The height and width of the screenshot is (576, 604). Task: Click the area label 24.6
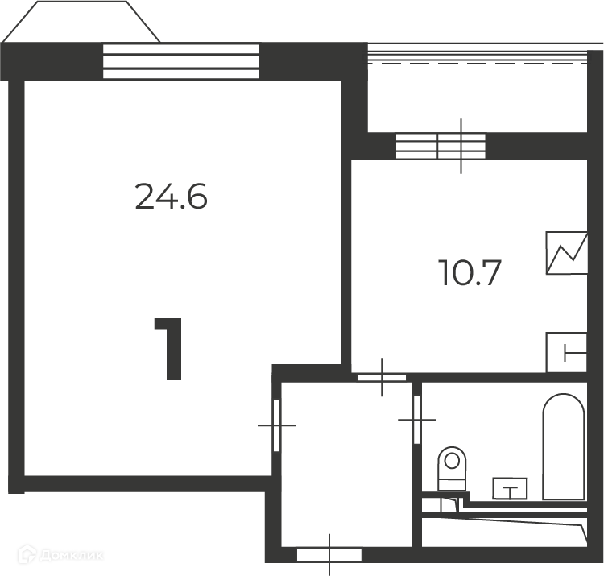172,197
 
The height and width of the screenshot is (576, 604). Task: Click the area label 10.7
470,273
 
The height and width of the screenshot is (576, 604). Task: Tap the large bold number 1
168,349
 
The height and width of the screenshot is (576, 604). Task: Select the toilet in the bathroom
452,469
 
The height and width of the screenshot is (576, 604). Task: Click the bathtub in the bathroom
564,447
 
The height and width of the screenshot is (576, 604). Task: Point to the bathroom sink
511,488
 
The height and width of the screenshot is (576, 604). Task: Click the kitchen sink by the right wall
567,353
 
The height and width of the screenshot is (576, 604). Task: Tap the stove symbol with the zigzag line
567,253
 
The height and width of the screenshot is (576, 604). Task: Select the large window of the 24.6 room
181,62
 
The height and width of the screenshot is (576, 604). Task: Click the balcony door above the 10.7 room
441,147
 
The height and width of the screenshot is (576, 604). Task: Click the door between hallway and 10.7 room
382,378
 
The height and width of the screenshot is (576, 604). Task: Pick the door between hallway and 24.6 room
276,425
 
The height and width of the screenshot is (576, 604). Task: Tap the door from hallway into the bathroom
417,420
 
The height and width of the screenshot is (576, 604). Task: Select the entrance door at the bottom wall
329,555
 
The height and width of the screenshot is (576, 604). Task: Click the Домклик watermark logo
61,555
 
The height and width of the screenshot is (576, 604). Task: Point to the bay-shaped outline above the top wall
81,21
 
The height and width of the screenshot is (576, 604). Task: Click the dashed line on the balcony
478,62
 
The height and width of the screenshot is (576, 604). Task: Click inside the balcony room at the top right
478,98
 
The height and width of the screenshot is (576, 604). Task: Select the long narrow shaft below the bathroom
504,532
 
